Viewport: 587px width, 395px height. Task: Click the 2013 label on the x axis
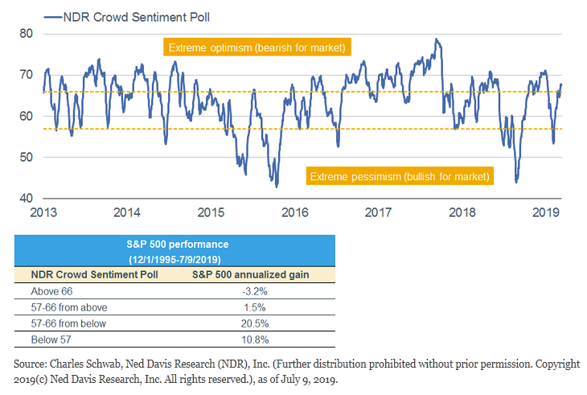[x=43, y=213]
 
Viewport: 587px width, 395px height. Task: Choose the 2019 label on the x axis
[x=546, y=213]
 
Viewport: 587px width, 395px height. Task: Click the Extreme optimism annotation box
[x=256, y=48]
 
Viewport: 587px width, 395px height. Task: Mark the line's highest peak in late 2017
[x=436, y=39]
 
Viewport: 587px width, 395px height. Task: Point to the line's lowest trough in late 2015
[x=276, y=187]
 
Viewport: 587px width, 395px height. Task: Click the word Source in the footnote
[x=30, y=363]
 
